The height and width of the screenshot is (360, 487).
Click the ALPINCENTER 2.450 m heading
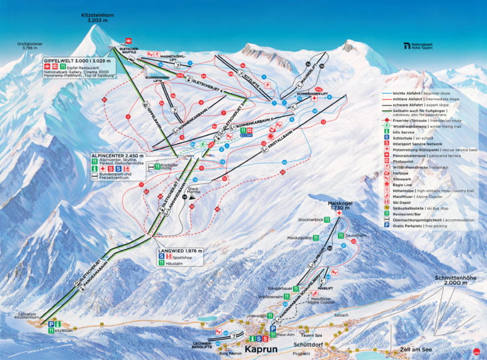(x=119, y=155)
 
